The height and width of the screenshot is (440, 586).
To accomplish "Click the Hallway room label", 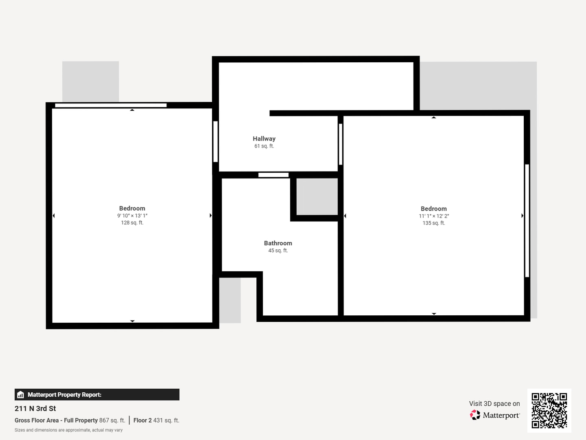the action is [x=264, y=139].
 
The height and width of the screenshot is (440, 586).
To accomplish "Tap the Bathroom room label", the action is [x=278, y=243].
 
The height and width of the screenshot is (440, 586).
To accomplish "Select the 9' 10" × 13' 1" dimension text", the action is [x=132, y=216].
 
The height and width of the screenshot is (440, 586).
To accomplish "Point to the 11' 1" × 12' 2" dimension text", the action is [x=434, y=216].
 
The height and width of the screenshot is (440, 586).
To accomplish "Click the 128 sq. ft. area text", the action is [x=132, y=222].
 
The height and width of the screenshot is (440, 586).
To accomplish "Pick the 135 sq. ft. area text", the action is [x=434, y=223].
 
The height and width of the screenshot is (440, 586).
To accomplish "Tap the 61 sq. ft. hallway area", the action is [x=264, y=146].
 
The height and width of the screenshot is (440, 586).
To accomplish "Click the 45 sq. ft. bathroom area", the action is [x=278, y=250].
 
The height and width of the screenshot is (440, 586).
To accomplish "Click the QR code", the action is [x=549, y=410].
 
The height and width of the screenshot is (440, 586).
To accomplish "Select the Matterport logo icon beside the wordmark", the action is [x=475, y=415].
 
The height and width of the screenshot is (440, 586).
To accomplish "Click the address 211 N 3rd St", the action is [x=35, y=409].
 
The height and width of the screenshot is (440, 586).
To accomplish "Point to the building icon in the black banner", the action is [x=21, y=395].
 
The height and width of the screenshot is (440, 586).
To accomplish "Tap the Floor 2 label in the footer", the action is [x=142, y=420].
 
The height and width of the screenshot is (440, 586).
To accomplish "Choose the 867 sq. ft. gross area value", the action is [x=112, y=420].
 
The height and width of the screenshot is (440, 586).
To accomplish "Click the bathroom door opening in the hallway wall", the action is [x=273, y=175].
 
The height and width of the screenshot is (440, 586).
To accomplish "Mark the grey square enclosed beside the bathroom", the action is [x=317, y=197].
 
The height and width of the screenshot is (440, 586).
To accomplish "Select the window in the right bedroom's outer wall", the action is [x=527, y=221].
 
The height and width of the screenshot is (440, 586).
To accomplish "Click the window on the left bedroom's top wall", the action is [x=111, y=105].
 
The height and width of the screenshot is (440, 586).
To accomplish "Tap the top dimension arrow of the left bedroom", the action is [x=132, y=110].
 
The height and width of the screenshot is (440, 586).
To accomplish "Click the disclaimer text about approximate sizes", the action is [x=69, y=430].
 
